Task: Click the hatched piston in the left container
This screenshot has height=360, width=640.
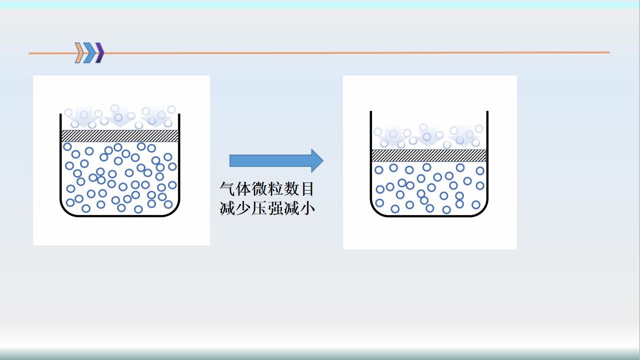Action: (119, 135)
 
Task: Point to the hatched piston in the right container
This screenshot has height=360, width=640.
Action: (429, 155)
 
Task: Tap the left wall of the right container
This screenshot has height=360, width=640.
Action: (371, 160)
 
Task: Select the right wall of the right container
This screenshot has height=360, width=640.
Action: (487, 160)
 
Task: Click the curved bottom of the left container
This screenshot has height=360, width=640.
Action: (120, 216)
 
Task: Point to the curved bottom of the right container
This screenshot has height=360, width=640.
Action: (429, 216)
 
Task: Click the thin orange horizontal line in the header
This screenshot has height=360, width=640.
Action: (350, 52)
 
